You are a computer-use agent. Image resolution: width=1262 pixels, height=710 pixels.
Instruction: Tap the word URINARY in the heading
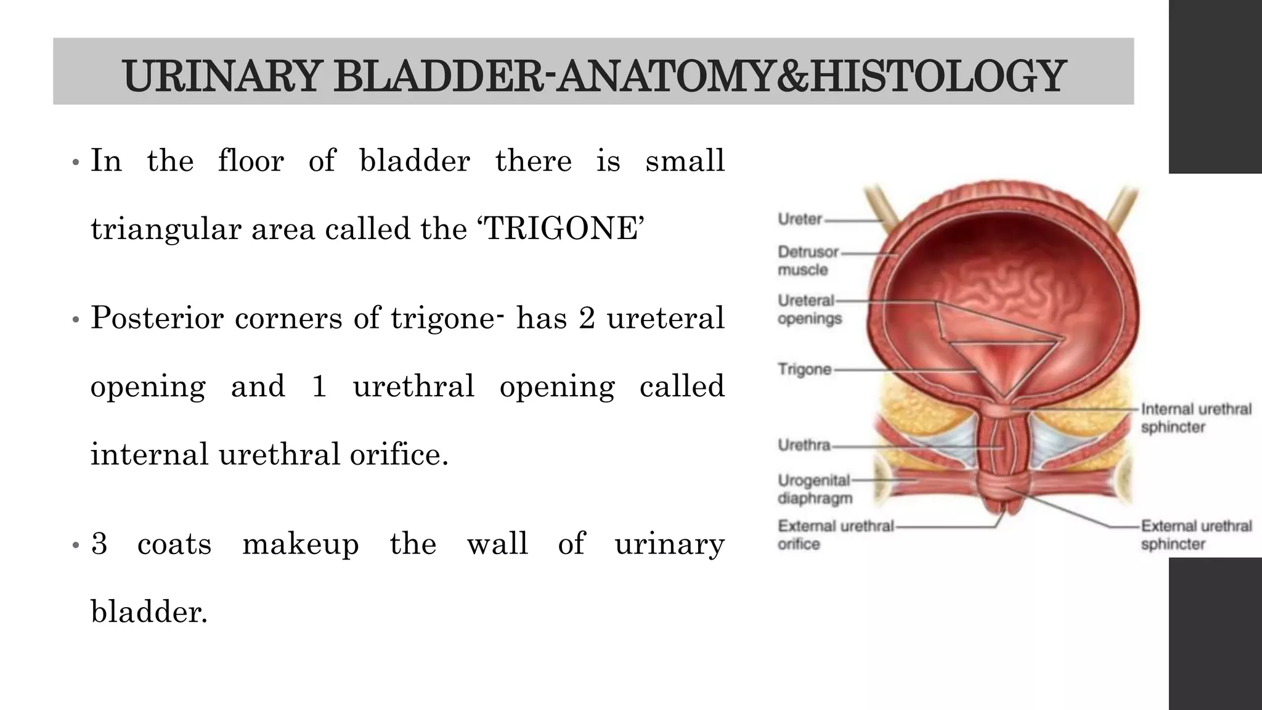(x=221, y=76)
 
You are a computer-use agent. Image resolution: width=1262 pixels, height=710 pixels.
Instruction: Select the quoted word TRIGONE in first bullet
(x=561, y=229)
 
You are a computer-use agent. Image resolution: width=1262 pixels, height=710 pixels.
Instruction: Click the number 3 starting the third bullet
(x=99, y=544)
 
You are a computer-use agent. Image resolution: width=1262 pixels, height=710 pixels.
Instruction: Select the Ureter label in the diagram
(x=799, y=219)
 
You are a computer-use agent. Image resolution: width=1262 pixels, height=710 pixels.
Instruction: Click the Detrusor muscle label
(x=808, y=261)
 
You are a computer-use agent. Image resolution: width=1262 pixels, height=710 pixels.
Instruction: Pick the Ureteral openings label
(x=809, y=309)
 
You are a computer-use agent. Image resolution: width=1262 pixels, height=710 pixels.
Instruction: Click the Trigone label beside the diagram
(x=804, y=369)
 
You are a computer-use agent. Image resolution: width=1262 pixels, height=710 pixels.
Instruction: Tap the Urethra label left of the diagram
(x=804, y=445)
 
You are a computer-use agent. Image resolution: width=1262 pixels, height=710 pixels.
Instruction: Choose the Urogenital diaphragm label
(x=814, y=489)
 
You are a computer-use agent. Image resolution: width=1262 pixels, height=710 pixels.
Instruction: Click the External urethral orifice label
(x=834, y=535)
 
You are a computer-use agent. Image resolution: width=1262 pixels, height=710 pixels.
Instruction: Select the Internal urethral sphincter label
(x=1195, y=418)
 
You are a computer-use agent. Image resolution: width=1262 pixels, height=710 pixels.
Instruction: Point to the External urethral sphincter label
(x=1195, y=535)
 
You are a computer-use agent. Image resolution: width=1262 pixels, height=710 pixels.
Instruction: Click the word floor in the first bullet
(x=251, y=161)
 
